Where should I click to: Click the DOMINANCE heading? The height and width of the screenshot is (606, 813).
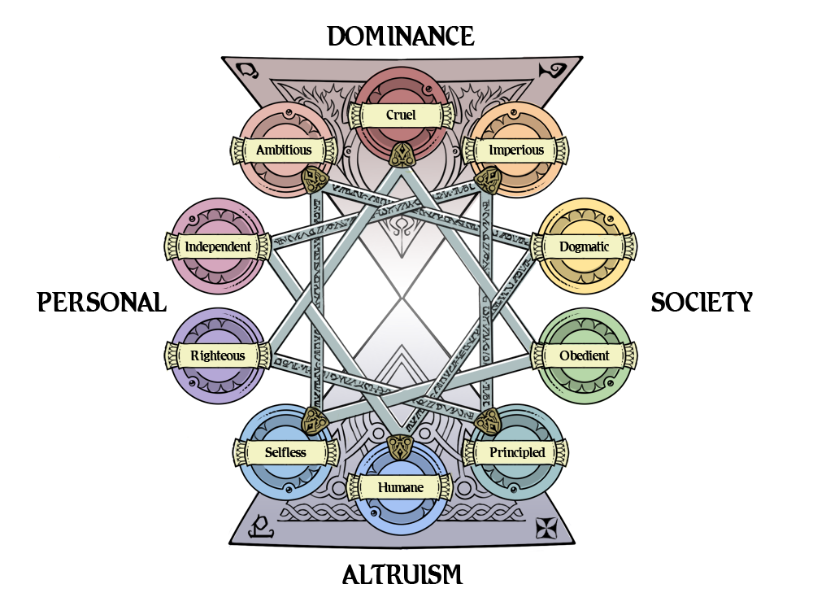click(401, 37)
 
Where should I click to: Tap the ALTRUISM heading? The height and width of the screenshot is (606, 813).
click(402, 575)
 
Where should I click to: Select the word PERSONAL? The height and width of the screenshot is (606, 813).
click(102, 302)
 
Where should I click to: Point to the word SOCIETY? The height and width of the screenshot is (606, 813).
click(702, 302)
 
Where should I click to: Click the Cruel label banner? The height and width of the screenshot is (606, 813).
click(401, 115)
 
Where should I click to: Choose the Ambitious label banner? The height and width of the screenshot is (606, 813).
click(284, 150)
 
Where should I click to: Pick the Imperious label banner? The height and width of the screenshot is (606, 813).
click(515, 150)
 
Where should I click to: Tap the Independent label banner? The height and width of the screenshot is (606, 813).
click(218, 246)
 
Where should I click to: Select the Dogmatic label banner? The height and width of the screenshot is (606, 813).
click(584, 246)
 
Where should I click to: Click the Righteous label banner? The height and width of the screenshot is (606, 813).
click(218, 355)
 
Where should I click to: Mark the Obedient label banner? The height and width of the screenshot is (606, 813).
click(584, 355)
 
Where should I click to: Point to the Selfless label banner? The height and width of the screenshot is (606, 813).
click(285, 452)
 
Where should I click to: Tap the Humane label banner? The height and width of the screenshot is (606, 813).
click(400, 487)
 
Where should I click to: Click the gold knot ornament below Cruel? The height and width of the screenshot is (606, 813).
click(401, 155)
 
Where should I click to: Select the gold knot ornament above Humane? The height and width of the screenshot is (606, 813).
click(400, 447)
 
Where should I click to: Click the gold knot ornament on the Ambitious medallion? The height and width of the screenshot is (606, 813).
click(315, 180)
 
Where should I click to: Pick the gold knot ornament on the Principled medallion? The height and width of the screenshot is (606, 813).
click(487, 421)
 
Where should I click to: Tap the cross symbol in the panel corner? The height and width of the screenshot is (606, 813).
click(547, 528)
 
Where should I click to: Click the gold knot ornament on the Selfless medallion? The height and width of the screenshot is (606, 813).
click(314, 421)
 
